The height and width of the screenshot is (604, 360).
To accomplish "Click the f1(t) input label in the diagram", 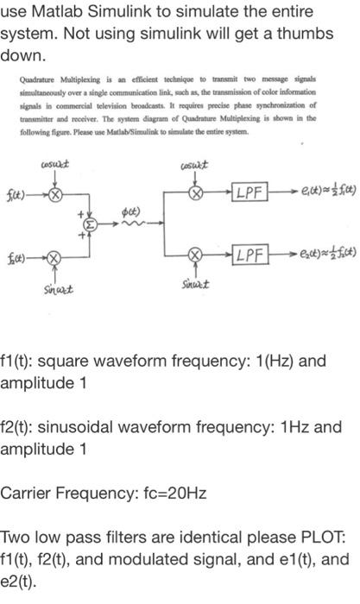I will coord(22,192).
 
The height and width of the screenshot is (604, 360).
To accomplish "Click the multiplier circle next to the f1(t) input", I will coord(55,193).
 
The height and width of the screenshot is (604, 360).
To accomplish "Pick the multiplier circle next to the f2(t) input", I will coord(54,258).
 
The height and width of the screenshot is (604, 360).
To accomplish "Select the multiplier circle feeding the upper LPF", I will coord(197,192).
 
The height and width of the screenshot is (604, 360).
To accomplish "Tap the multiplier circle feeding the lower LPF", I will coord(197,258).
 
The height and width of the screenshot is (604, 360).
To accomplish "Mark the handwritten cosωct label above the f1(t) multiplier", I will coord(54,165).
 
